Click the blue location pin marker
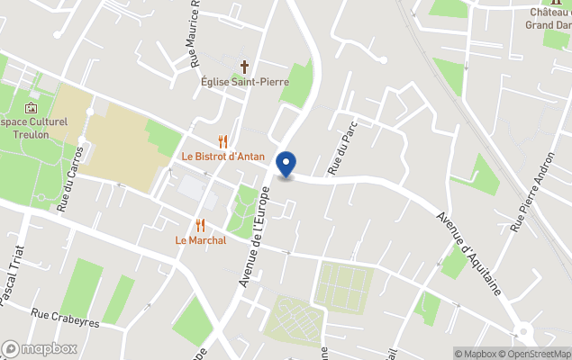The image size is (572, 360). click(x=286, y=165)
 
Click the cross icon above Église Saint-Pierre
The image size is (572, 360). click(x=243, y=67)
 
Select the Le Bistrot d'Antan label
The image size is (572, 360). click(x=222, y=157)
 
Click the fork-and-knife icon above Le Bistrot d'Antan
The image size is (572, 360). click(x=222, y=141)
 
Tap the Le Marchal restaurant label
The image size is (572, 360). click(x=200, y=240)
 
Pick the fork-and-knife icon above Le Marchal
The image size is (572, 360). click(x=200, y=225)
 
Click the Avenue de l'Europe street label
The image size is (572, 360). click(x=255, y=236)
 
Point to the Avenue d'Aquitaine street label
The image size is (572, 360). click(x=468, y=255)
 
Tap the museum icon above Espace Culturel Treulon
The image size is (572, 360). click(x=31, y=108)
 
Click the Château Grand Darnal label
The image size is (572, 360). click(x=549, y=18)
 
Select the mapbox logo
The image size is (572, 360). click(x=40, y=348)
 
